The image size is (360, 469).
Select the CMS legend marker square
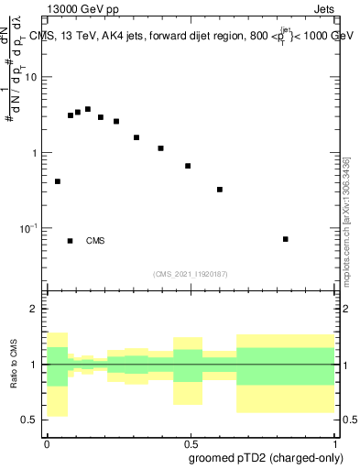coord(71,241)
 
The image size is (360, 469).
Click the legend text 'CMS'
coord(95,241)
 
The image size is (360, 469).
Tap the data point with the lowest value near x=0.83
coord(286,239)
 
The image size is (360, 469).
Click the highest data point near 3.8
coord(88,109)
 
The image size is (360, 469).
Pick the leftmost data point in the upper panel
coord(58,181)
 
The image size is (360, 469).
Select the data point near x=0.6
coord(220,190)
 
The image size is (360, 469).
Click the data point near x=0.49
coord(188,166)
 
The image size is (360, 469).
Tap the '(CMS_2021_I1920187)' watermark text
coord(190,273)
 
